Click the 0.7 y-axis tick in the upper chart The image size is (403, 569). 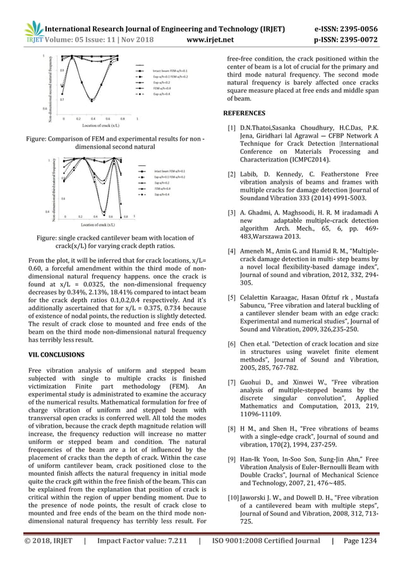point(61,100)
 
